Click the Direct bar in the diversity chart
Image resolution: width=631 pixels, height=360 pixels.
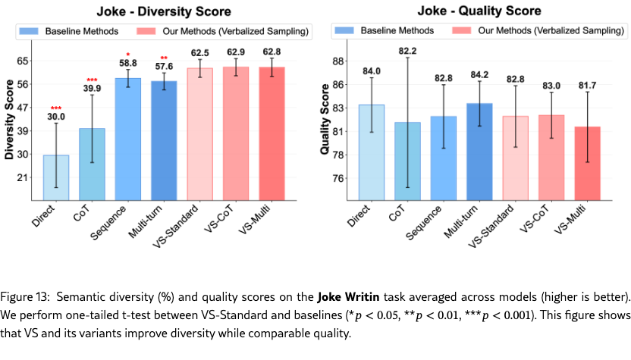click(x=56, y=177)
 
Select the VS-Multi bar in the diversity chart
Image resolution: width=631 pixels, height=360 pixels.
click(x=276, y=133)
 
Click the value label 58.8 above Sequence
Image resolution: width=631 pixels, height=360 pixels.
click(x=127, y=63)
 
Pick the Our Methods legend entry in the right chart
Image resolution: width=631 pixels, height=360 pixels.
click(x=539, y=31)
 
